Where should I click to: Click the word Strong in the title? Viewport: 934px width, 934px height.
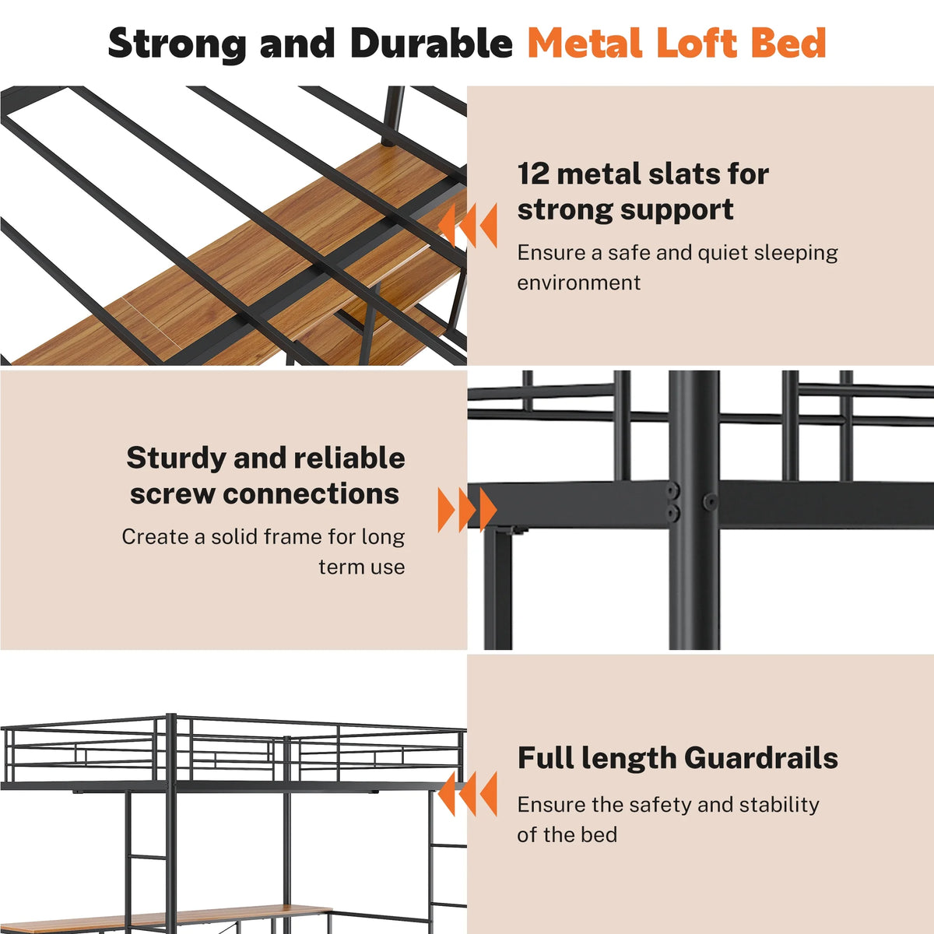coord(177,44)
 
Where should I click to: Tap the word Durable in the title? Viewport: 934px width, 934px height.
coord(431,43)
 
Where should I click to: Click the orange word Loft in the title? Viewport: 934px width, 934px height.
coord(697,43)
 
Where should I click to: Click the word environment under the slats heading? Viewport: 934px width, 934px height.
coord(579,283)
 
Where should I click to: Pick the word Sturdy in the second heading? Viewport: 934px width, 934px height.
coord(177,458)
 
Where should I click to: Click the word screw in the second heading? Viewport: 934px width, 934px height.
coord(172,494)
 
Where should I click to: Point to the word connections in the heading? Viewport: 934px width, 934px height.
coord(311,494)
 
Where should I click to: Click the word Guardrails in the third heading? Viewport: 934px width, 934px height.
coord(761,757)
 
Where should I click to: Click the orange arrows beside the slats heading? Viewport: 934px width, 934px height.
coord(467,226)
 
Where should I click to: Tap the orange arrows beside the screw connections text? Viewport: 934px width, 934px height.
coord(467,510)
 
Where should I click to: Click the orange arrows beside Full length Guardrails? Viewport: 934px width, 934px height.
coord(467,794)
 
